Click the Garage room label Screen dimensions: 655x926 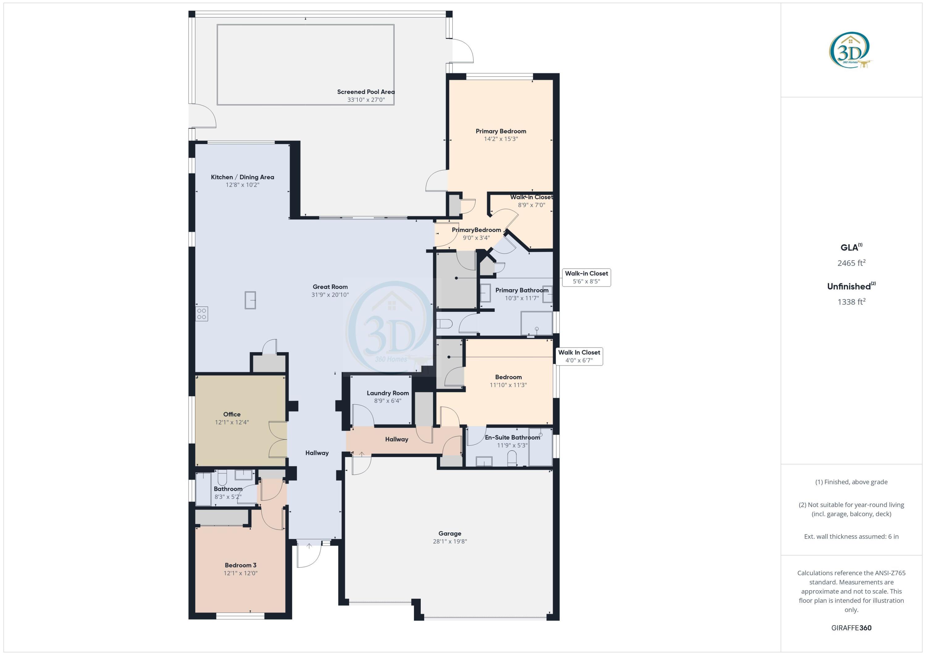[x=450, y=533]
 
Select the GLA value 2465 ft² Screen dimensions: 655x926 [x=851, y=263]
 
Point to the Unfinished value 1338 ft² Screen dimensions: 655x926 [x=851, y=302]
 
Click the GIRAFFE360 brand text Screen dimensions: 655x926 [x=851, y=628]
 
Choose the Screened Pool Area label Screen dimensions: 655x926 [x=366, y=92]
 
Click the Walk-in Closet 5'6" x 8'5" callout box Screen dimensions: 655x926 [x=586, y=277]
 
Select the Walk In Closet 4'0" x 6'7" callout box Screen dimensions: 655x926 [x=579, y=357]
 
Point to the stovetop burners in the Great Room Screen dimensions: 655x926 [x=202, y=314]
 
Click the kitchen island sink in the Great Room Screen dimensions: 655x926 [x=250, y=300]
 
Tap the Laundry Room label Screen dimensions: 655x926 [x=388, y=393]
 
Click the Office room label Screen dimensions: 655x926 [x=232, y=414]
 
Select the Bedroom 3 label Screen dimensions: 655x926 [x=240, y=565]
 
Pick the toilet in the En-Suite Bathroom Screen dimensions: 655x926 [x=512, y=458]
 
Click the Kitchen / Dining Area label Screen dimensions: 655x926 [x=242, y=177]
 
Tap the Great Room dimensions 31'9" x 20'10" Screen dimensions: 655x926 [x=330, y=295]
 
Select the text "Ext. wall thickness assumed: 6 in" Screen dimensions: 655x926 [x=851, y=536]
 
